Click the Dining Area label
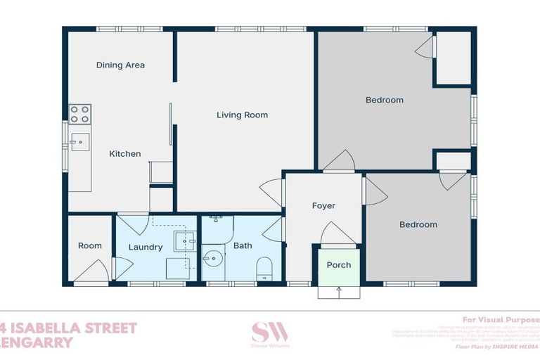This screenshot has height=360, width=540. (x=120, y=65)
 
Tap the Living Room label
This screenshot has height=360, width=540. (x=242, y=115)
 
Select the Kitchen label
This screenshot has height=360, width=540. (x=124, y=154)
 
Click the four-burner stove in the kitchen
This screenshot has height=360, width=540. (x=80, y=114)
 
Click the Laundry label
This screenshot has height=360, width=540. (x=146, y=247)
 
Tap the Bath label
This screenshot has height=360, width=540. (x=243, y=246)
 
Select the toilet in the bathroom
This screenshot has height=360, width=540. (x=265, y=268)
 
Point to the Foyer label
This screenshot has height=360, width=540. (x=323, y=206)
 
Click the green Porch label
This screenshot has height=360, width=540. (x=339, y=265)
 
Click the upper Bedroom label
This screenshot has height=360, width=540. (x=385, y=100)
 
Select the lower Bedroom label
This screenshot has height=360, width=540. (x=418, y=225)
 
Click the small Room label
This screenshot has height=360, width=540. (x=89, y=246)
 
